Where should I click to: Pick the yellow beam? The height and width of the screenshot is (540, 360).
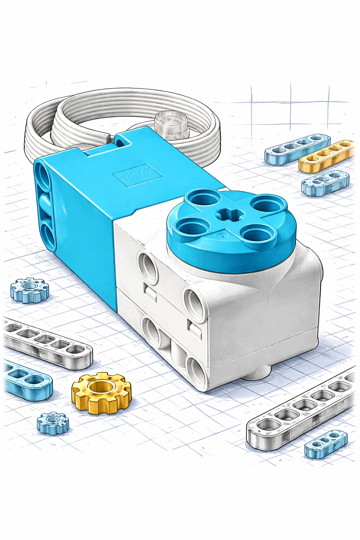[x=326, y=156]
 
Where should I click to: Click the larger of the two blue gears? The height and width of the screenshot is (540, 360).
[x=29, y=290]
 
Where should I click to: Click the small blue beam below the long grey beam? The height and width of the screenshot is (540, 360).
[x=326, y=444]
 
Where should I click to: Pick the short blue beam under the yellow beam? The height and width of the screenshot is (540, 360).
[x=325, y=182]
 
